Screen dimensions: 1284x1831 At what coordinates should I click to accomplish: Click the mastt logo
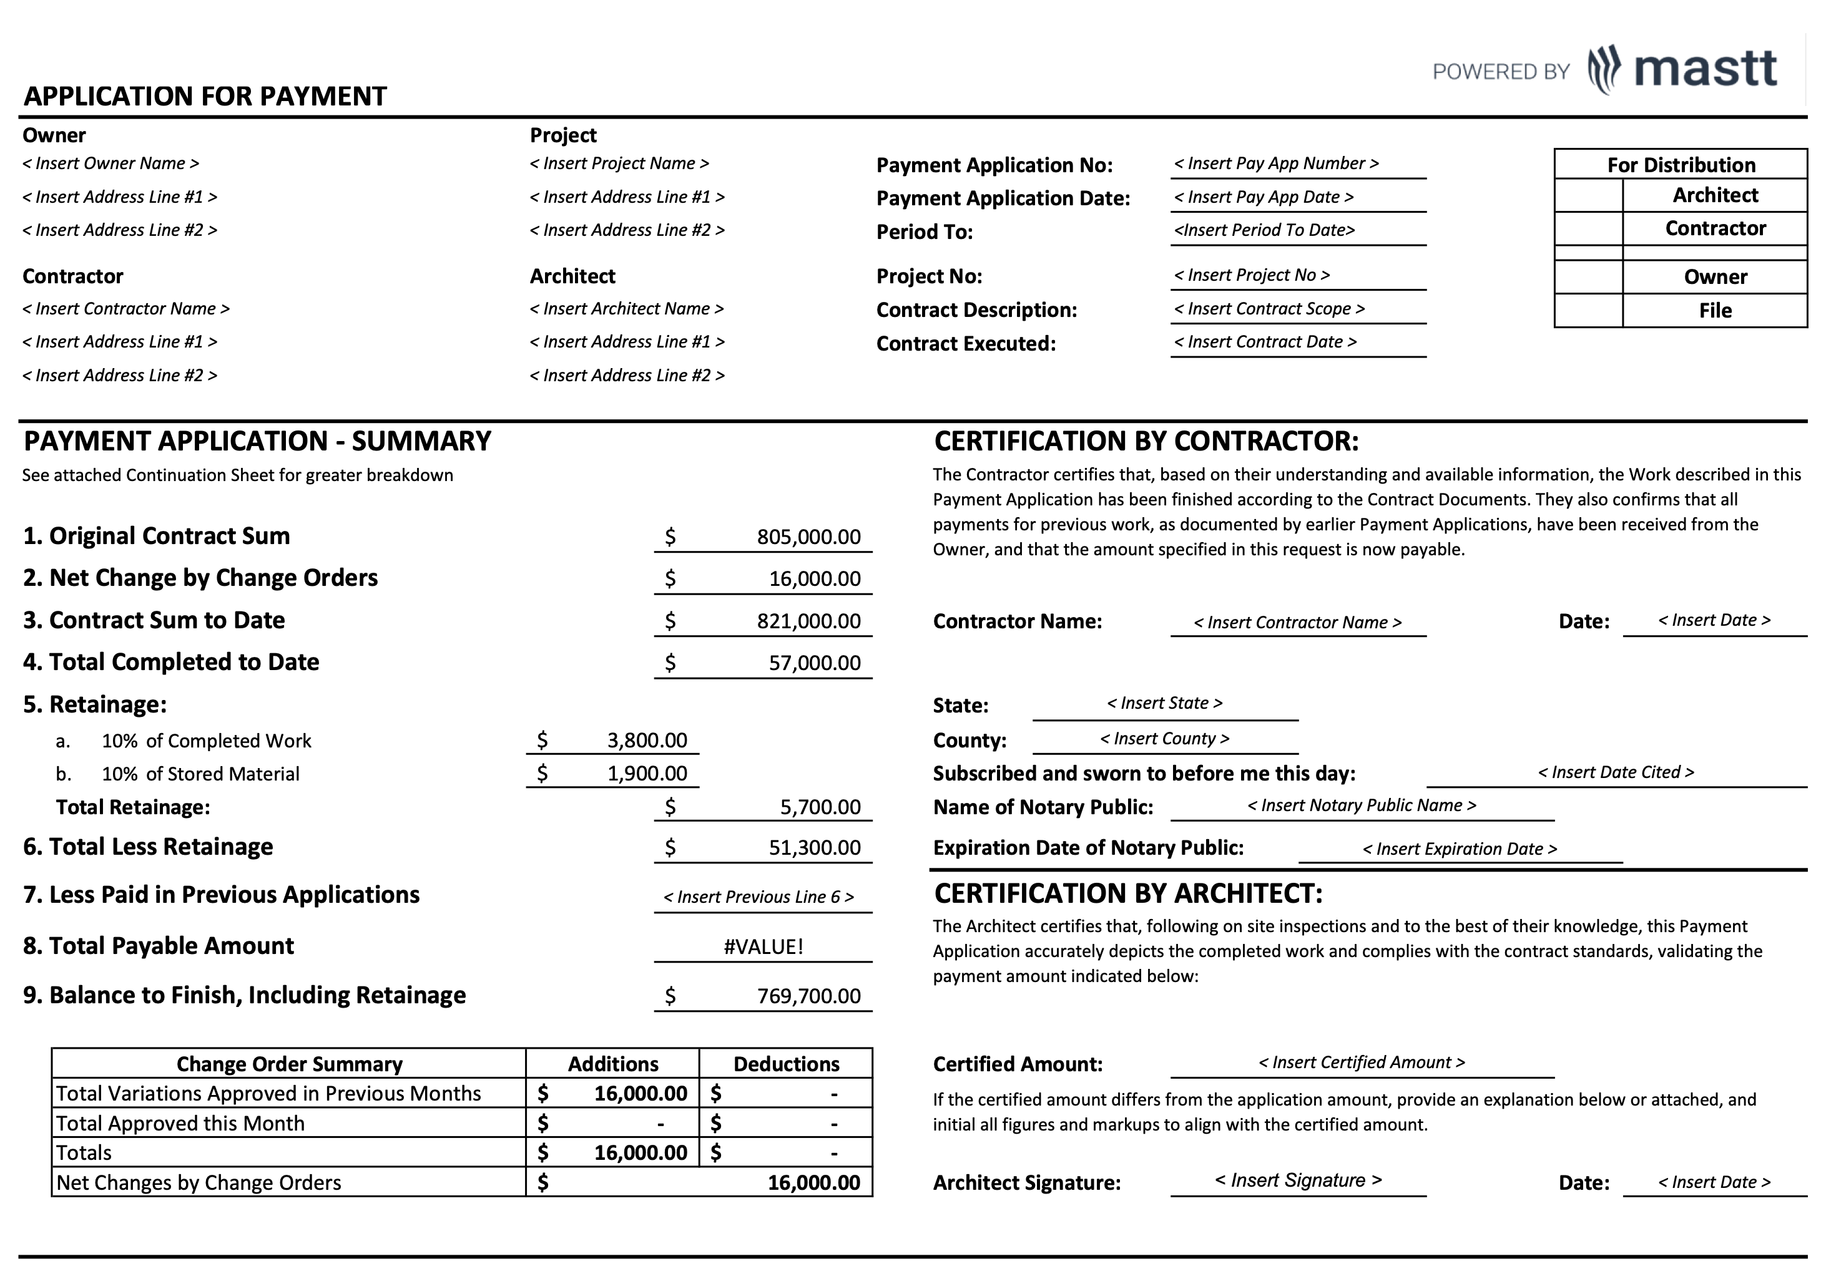point(1682,70)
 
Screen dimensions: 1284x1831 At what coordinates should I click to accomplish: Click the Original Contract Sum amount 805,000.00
point(808,537)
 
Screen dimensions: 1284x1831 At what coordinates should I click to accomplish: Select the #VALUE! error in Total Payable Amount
point(763,947)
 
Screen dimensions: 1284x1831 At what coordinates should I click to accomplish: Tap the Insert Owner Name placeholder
point(111,163)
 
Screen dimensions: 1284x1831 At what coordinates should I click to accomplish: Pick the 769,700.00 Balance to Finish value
point(808,996)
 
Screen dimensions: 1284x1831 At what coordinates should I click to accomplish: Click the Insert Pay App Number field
point(1275,163)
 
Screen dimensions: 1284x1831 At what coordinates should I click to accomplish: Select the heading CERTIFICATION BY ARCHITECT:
point(1127,894)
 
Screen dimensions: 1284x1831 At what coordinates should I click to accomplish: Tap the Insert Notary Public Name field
point(1362,806)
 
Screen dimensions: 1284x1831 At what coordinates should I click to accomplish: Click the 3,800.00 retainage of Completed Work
point(646,741)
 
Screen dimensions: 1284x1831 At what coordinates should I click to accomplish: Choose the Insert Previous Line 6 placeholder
point(758,897)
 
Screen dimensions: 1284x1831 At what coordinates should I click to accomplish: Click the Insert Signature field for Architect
point(1297,1180)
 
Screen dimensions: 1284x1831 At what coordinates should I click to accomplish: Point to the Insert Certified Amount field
point(1362,1063)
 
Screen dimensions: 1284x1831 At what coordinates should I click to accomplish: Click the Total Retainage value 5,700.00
point(820,807)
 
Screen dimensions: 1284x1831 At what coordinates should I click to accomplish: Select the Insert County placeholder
point(1164,739)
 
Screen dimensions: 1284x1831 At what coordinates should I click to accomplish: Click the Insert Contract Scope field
point(1268,309)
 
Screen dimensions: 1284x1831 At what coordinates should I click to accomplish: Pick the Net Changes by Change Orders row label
point(199,1183)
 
